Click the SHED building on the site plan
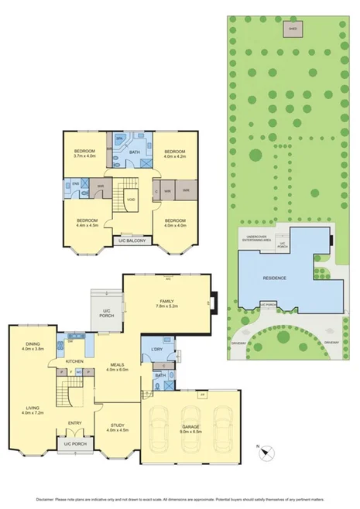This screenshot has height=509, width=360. pos(293,29)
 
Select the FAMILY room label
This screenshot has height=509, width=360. pos(166,301)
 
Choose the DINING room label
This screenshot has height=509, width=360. pos(33,345)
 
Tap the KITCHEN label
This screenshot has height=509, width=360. pos(74,361)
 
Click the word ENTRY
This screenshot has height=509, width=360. pos(75,422)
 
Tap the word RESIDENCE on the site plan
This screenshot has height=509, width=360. pos(276,278)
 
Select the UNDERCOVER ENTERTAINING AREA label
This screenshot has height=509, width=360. pos(258,239)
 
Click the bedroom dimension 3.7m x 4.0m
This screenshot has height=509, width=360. pos(84,155)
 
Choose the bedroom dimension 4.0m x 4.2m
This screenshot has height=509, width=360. pos(175,155)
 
